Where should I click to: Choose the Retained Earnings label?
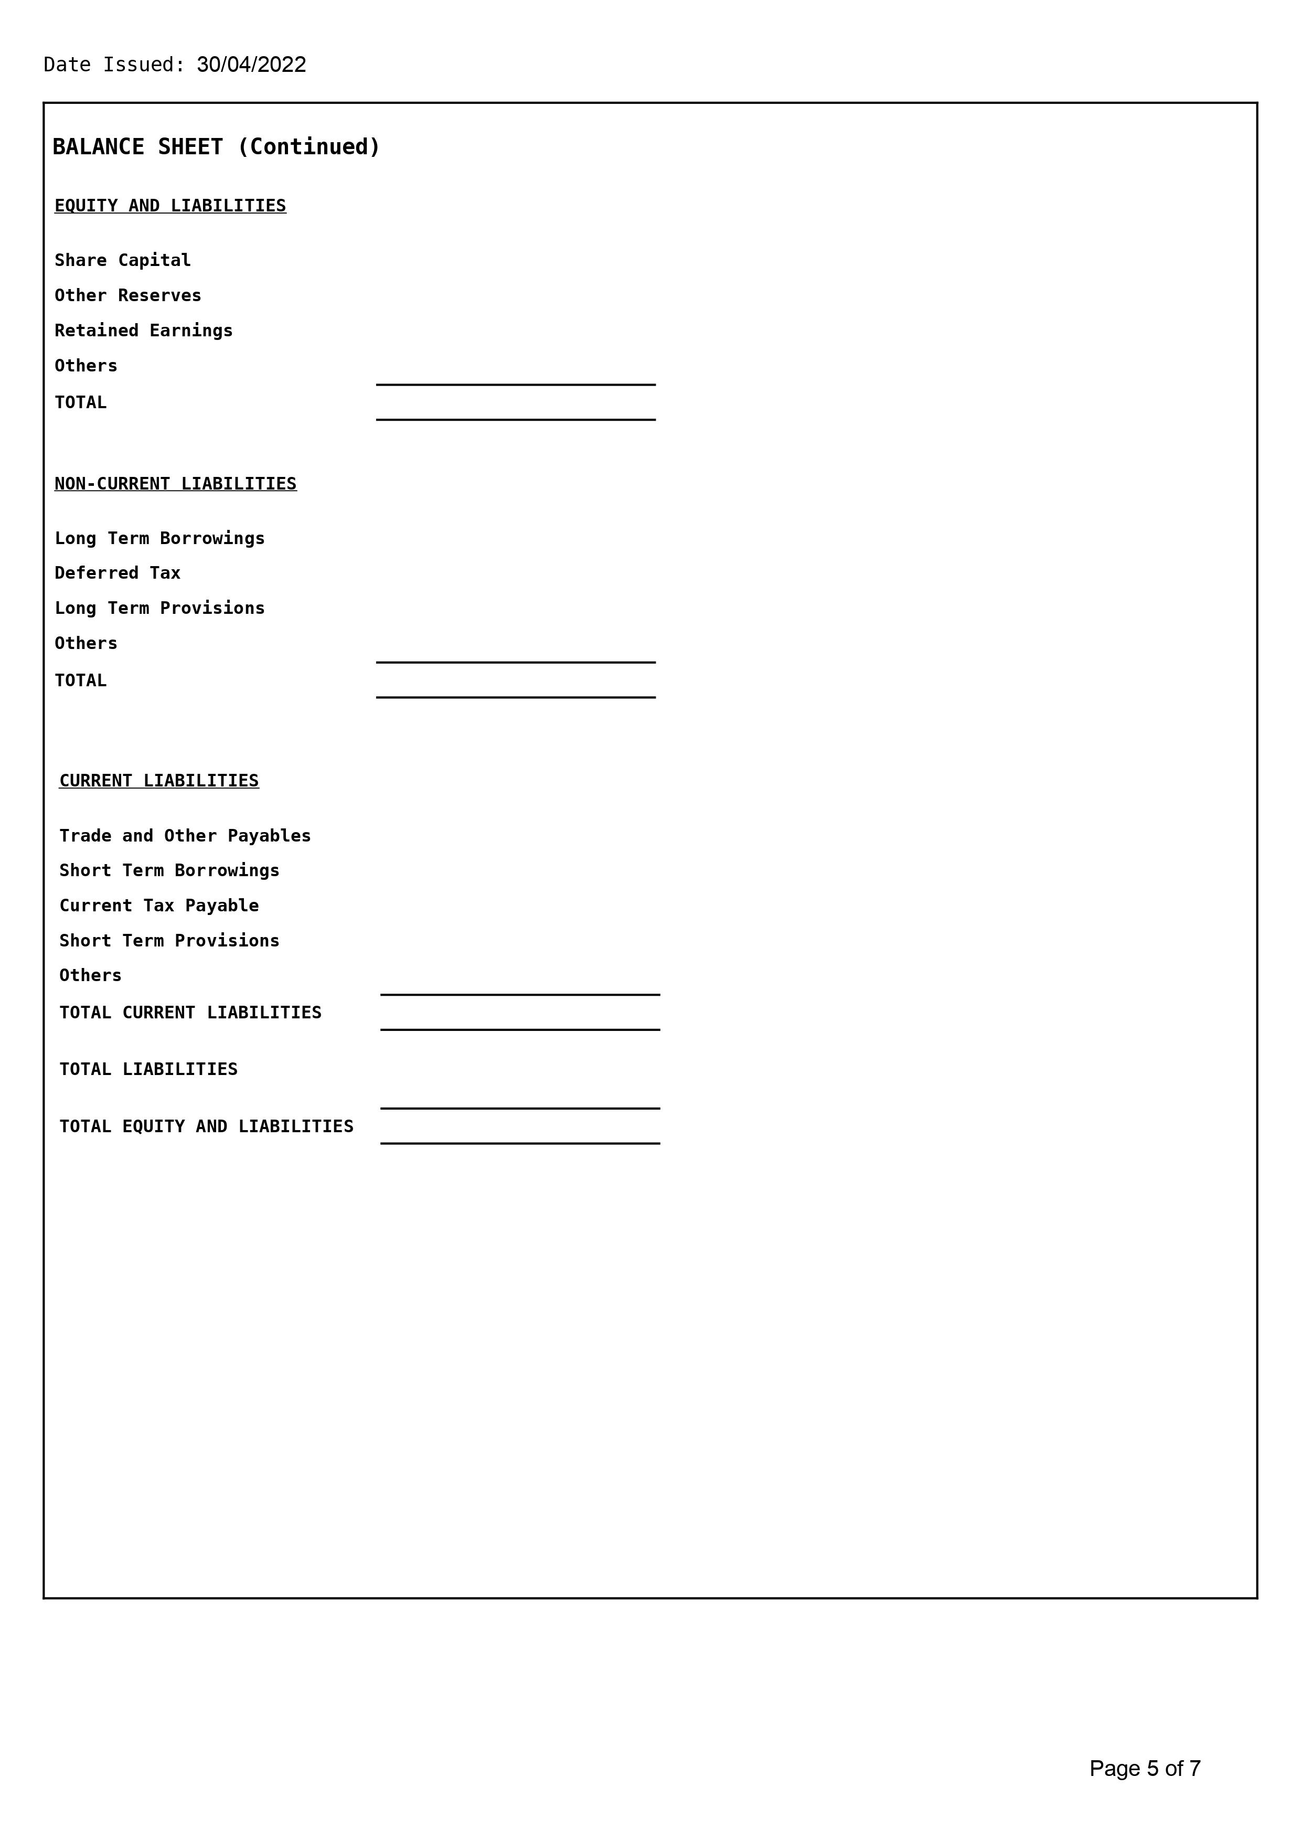(x=144, y=331)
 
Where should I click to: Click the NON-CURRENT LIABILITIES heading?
(x=176, y=484)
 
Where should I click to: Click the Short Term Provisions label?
(x=169, y=941)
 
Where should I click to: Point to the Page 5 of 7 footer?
(x=1145, y=1768)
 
